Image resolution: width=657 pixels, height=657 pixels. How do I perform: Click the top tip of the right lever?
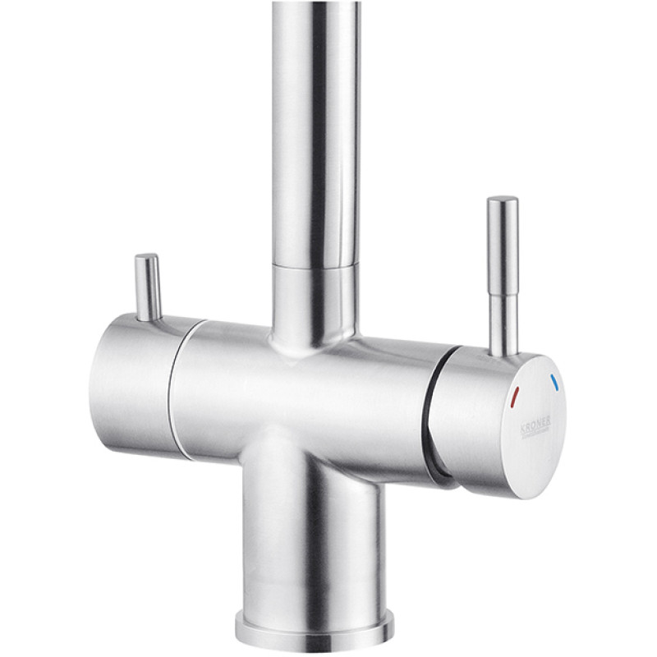502,200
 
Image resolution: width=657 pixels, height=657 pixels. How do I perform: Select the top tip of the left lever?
147,258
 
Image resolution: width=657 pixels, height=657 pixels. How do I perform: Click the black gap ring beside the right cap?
432,411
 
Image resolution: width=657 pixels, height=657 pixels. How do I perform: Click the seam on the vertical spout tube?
315,265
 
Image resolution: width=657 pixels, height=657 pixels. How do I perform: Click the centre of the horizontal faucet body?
304,394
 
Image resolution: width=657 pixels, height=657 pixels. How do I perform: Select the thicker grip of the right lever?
502,246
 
